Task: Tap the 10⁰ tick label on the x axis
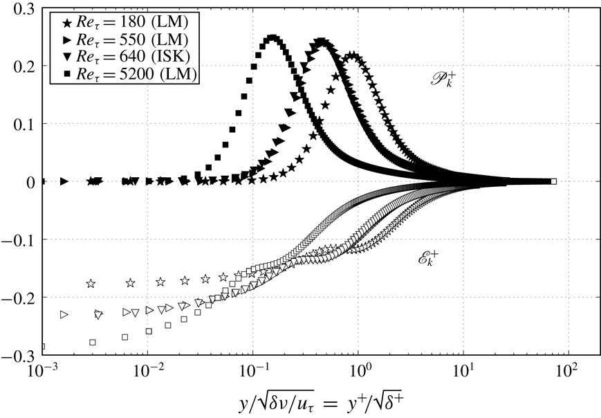click(359, 372)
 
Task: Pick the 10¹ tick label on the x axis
click(464, 372)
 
